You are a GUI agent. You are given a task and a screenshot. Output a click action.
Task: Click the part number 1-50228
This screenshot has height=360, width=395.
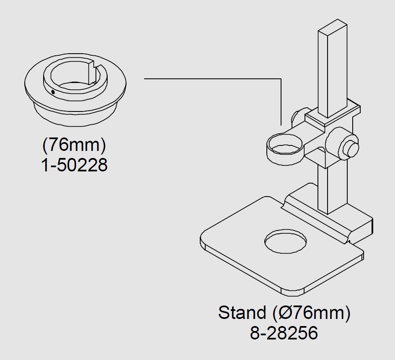click(x=75, y=165)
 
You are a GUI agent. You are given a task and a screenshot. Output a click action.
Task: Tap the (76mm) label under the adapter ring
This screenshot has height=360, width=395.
click(x=74, y=145)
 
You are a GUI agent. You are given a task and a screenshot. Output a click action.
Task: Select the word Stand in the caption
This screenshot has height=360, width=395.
click(x=242, y=312)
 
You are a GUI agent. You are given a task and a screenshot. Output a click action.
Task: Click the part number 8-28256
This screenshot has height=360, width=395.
click(x=284, y=333)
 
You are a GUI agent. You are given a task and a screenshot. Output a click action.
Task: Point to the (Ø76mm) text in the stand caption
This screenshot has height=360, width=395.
click(x=311, y=313)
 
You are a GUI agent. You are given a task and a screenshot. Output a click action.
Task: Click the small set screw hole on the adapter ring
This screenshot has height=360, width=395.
click(x=53, y=92)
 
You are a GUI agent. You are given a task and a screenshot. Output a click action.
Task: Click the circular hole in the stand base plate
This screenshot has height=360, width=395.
click(x=286, y=241)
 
